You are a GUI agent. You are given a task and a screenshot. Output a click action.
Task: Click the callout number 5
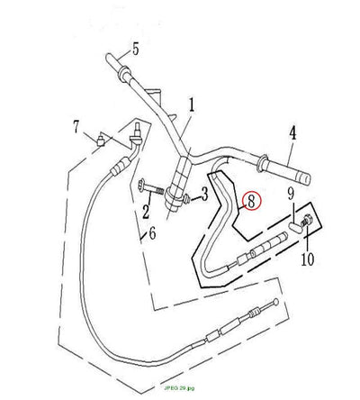(x=136, y=49)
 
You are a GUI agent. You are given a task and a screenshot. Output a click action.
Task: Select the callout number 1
(x=191, y=105)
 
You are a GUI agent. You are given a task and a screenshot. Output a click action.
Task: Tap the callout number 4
(x=292, y=133)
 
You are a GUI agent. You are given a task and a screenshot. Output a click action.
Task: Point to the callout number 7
(x=76, y=127)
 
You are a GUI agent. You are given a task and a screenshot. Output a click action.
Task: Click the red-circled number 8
(x=251, y=201)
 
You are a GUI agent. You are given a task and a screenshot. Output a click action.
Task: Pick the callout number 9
(x=291, y=194)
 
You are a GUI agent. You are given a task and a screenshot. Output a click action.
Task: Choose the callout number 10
(x=308, y=259)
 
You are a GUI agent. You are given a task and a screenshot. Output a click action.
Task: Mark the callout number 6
(x=152, y=233)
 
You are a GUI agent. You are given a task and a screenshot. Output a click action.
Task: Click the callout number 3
(x=204, y=194)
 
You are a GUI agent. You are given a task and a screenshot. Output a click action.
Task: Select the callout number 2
(x=146, y=211)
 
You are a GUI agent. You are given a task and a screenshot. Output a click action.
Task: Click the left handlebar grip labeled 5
(x=118, y=65)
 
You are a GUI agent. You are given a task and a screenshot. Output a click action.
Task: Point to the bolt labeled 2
(x=150, y=189)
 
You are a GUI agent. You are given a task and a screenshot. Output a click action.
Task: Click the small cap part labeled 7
(x=100, y=141)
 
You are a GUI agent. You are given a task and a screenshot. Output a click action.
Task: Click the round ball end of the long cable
(x=275, y=302)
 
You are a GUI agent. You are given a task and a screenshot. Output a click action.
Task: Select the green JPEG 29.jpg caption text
(x=179, y=388)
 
